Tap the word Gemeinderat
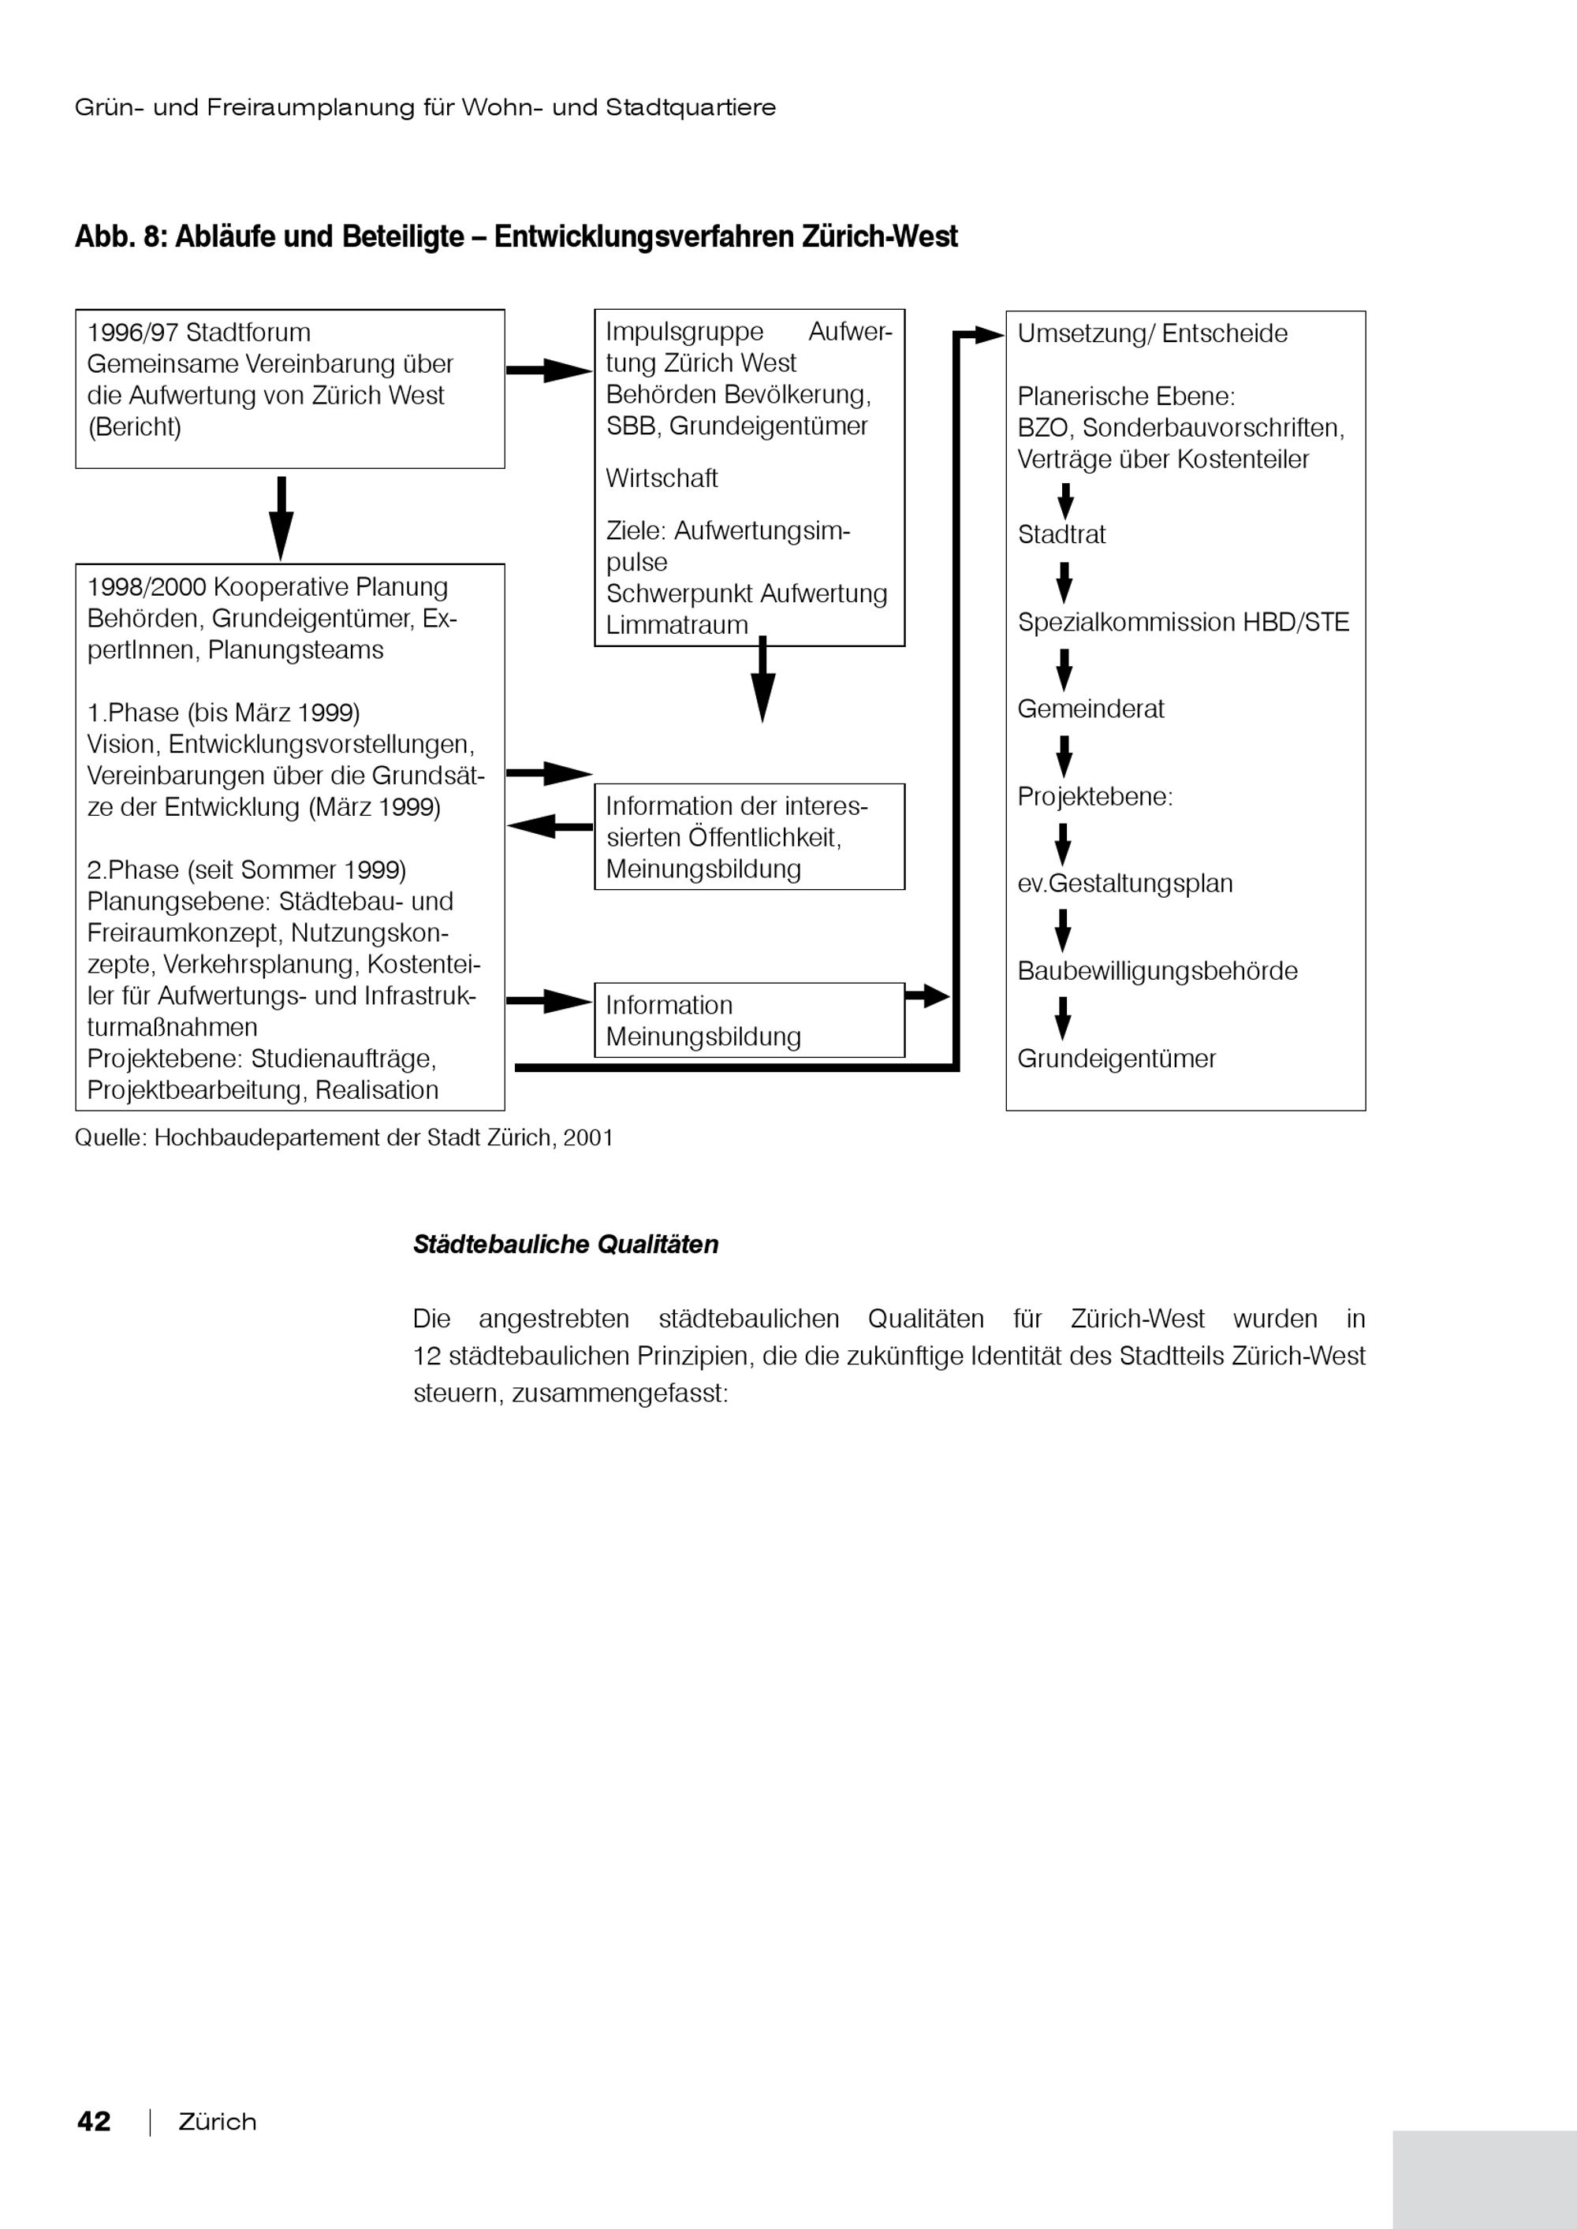click(1090, 709)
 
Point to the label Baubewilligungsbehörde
click(1157, 971)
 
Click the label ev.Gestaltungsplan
click(1124, 884)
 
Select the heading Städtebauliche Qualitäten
click(565, 1245)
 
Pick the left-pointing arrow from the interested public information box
click(549, 826)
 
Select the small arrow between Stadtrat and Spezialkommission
click(1064, 582)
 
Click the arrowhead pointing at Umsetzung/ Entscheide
click(989, 335)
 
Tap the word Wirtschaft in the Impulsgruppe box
click(662, 478)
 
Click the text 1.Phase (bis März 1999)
click(223, 713)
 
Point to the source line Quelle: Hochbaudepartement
click(344, 1138)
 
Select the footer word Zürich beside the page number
click(218, 2123)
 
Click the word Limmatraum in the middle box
click(677, 625)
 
